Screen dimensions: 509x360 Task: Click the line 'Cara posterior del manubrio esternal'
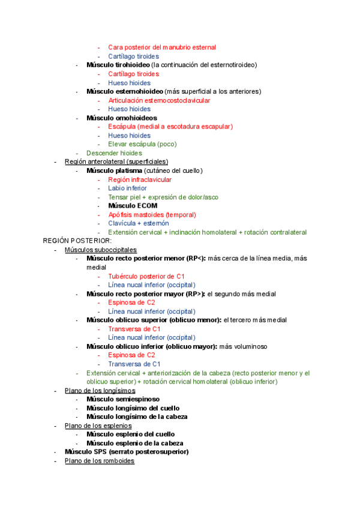coord(162,47)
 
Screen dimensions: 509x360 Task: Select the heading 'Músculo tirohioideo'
coord(118,65)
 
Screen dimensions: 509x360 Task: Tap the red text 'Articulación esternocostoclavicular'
coord(159,101)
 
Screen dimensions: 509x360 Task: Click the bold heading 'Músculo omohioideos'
coord(121,118)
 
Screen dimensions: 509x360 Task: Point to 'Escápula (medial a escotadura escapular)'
coord(170,127)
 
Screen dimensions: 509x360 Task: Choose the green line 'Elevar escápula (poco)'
coord(142,145)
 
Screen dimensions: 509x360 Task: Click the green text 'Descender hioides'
coord(114,154)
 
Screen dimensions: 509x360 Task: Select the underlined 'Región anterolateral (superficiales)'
coord(116,162)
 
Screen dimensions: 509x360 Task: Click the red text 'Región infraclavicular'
coord(140,180)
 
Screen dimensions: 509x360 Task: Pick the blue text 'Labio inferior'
coord(127,188)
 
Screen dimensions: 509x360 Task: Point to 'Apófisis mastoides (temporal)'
coord(152,215)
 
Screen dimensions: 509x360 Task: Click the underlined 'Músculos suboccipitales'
coord(101,250)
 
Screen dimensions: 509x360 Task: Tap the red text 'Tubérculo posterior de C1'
coord(146,277)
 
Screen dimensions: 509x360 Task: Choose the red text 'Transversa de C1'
coord(134,329)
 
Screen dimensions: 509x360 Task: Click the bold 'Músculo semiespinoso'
coord(123,399)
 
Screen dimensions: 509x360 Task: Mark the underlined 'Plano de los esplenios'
coord(99,426)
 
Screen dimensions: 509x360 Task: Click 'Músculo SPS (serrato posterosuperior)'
coord(127,452)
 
